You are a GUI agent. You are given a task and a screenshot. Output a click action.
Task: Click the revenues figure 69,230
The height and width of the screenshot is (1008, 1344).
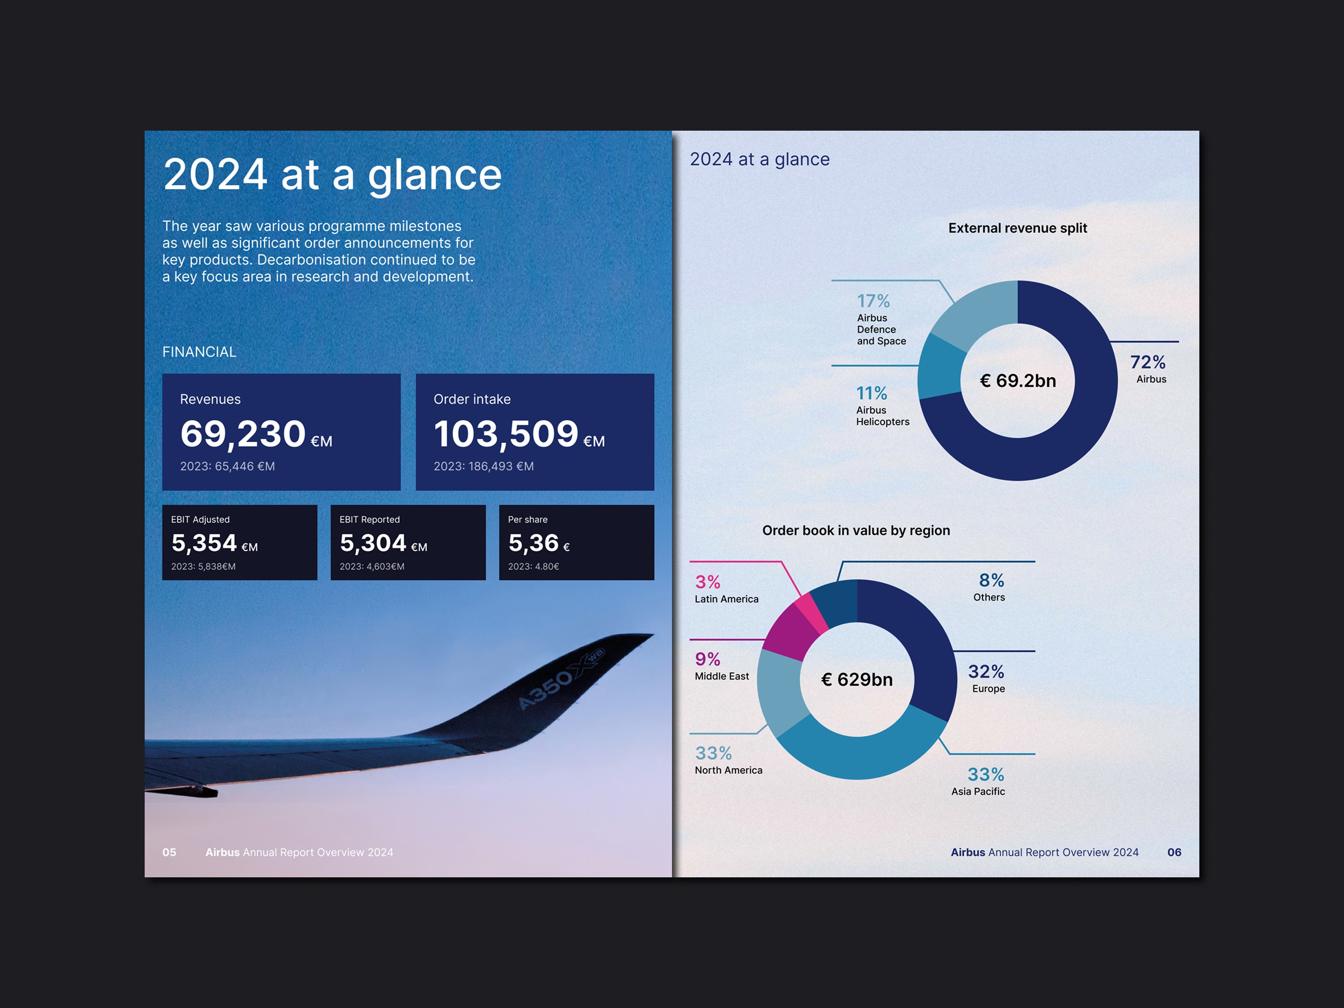(243, 434)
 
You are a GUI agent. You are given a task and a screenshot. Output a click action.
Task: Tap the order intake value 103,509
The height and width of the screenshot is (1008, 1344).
(505, 434)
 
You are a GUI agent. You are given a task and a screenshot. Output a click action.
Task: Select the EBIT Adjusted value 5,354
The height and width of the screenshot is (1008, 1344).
(204, 543)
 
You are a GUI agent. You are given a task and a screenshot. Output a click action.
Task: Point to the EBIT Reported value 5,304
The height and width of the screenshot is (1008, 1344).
(373, 543)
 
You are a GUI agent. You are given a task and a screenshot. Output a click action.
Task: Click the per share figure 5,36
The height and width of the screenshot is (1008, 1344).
(533, 543)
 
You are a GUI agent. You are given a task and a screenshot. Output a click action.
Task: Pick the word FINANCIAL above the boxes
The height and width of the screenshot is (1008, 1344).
(199, 352)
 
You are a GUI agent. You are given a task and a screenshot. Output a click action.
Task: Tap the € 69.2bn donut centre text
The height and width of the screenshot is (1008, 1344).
(1018, 381)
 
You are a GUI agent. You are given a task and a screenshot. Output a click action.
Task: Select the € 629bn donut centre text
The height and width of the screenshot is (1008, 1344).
(857, 679)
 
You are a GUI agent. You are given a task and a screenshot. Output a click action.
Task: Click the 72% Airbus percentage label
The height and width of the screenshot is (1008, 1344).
(1148, 362)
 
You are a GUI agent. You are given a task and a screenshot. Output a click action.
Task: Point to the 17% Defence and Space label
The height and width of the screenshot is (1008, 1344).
(873, 301)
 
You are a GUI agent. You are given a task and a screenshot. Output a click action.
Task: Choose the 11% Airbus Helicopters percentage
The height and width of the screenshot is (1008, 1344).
(872, 393)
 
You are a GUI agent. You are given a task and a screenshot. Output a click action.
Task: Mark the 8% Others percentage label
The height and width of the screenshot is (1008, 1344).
(992, 580)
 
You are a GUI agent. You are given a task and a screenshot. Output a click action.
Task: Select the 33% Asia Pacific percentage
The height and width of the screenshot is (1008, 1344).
(986, 775)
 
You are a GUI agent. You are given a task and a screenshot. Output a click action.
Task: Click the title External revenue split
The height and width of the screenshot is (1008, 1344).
(1018, 228)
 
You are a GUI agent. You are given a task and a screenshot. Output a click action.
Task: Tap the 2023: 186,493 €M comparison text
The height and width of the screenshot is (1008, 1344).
(483, 467)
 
